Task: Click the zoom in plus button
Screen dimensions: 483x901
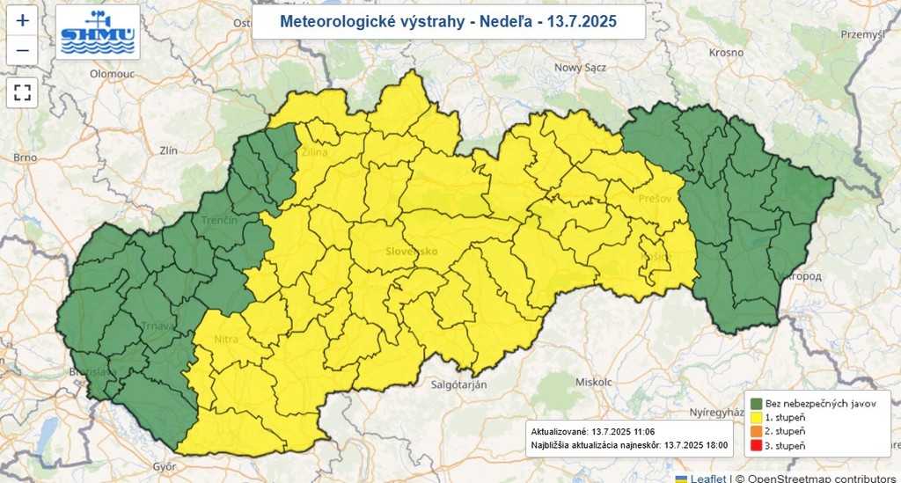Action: pos(23,20)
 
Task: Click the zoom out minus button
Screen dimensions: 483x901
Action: pos(23,50)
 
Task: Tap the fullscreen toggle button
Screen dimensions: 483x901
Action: pos(23,91)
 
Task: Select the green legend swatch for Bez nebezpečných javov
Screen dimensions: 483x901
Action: pos(756,403)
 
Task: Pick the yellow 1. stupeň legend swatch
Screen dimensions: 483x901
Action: pos(756,417)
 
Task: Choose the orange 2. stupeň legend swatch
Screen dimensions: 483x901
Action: pos(756,431)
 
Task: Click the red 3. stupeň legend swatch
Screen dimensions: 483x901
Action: pos(756,445)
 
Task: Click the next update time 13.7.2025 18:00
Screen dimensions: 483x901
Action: pos(696,445)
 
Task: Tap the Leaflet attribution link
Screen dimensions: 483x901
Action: pos(707,478)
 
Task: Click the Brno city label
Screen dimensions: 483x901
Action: pos(25,157)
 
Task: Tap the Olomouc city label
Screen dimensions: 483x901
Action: pos(111,74)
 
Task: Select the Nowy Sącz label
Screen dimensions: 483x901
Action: pos(581,68)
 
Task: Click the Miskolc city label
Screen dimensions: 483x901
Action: pos(591,382)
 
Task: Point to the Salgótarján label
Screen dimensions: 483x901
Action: pos(459,384)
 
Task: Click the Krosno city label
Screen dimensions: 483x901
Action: pos(727,53)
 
